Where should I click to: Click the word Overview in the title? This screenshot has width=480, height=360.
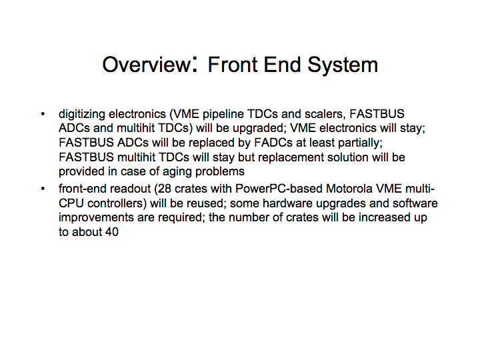coord(146,65)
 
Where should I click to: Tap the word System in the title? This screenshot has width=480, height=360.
coord(343,65)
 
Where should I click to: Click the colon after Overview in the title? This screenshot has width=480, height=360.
coord(195,64)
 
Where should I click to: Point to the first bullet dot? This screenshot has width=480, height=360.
coord(43,115)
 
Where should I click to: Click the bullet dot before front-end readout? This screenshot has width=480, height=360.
coord(43,189)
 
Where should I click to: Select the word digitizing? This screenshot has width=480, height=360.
coord(82,115)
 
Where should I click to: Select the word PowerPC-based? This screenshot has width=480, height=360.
coord(279,189)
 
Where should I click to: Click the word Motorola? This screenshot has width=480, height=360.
coord(349,189)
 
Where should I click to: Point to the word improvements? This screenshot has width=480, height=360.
coord(96,218)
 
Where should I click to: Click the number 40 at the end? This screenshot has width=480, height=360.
coord(111,232)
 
